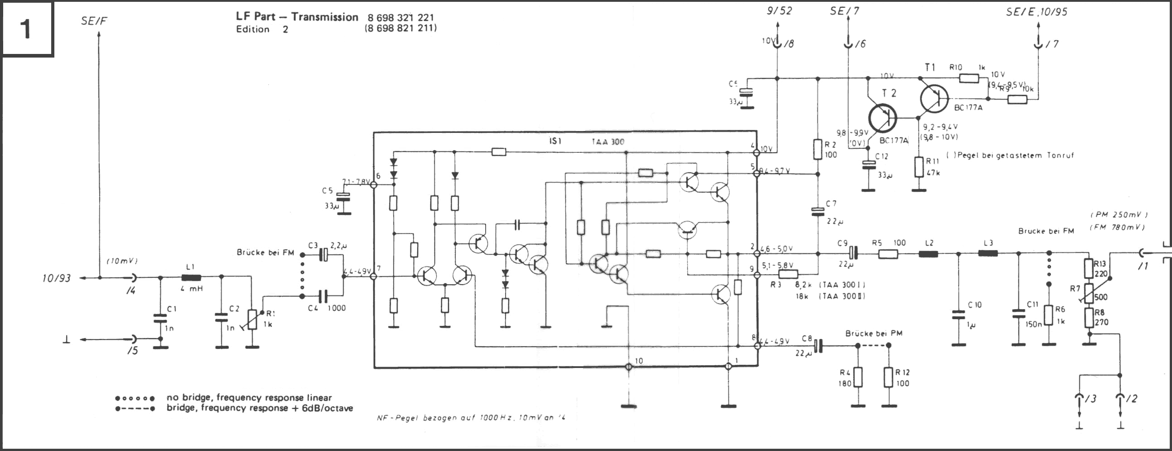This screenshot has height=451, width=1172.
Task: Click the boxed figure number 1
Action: click(26, 28)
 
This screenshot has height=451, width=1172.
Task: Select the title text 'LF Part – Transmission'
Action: click(297, 17)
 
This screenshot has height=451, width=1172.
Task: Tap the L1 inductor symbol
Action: click(191, 277)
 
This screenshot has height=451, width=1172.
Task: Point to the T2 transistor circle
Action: click(882, 118)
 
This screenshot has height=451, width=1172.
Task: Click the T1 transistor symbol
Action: click(934, 99)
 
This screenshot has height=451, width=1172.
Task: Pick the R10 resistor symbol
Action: click(969, 78)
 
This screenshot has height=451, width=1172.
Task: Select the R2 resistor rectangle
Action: click(818, 150)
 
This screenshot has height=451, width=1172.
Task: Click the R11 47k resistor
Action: click(919, 167)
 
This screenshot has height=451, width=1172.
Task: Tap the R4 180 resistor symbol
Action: click(858, 377)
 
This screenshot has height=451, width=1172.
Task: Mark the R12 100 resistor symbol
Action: click(888, 377)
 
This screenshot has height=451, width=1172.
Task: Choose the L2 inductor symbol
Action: click(928, 253)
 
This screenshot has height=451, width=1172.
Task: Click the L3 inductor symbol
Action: click(988, 253)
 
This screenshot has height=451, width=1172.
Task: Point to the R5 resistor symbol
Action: click(887, 253)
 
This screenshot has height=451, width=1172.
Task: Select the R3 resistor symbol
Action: click(788, 274)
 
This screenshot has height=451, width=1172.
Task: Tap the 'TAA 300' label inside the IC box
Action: click(608, 141)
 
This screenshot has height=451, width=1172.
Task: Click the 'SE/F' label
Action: click(94, 21)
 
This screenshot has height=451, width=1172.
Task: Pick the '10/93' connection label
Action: click(57, 278)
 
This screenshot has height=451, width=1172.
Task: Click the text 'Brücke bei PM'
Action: click(873, 333)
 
